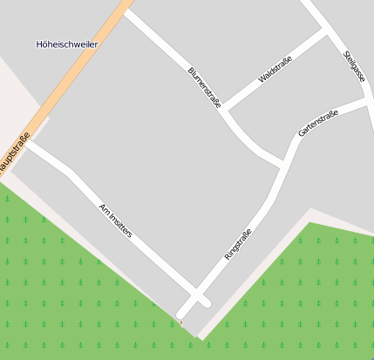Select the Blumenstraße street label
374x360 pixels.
[x=204, y=87]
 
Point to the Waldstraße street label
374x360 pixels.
[x=275, y=70]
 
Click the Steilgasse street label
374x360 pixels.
[x=354, y=66]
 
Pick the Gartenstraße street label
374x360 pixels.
[x=317, y=124]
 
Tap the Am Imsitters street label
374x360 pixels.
[x=115, y=221]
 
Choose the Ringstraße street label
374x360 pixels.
[x=238, y=243]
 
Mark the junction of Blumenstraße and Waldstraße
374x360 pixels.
[x=225, y=111]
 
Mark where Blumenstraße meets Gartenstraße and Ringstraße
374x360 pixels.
[x=284, y=163]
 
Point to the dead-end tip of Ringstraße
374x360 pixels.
[x=181, y=314]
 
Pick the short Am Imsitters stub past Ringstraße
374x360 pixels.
[x=205, y=302]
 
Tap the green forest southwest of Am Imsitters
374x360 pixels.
[x=61, y=279]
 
